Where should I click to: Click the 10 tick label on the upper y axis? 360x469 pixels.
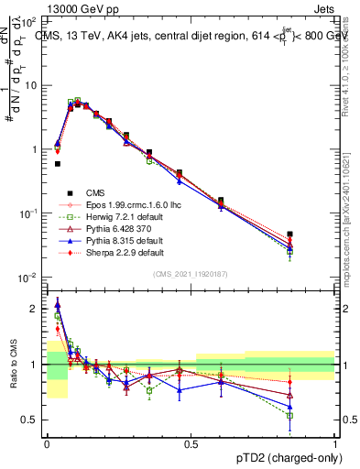coord(30,85)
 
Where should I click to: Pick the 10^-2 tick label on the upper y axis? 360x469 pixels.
coord(28,278)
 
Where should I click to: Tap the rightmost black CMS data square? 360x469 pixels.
coord(316,234)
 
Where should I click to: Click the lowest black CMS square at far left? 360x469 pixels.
coord(58,164)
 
